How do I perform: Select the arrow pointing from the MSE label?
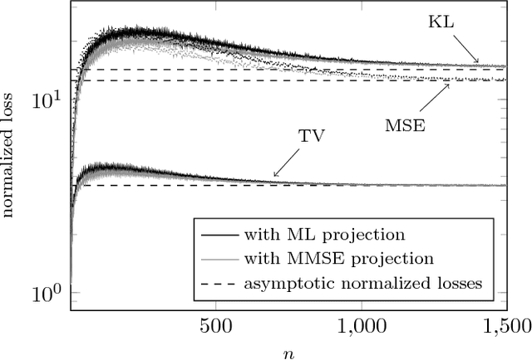point(435,96)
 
